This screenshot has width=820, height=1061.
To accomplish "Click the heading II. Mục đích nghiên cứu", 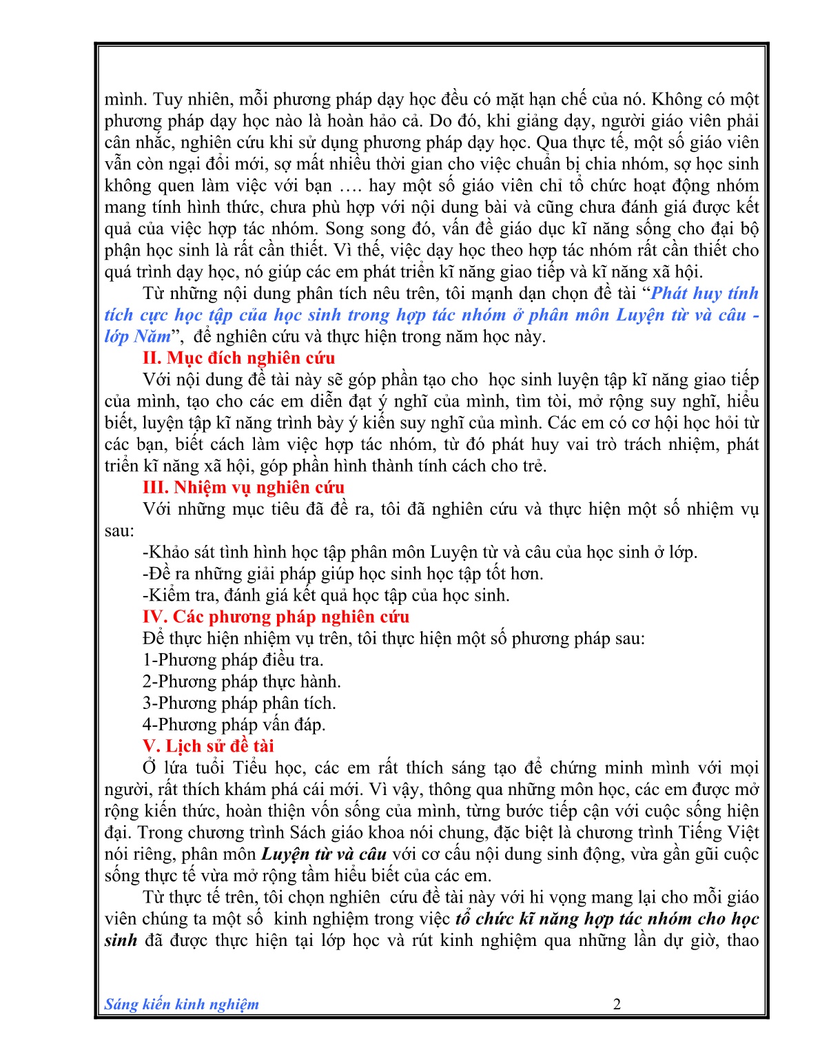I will pos(238,358).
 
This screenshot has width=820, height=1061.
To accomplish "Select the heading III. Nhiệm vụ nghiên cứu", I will pos(243,488).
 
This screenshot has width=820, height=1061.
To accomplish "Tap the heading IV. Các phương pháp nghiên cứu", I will pos(276,617).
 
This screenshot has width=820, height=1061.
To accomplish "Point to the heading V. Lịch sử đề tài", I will pos(208,746).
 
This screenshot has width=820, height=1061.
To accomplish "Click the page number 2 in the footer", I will pos(617,1004).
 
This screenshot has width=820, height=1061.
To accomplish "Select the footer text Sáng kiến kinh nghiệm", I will pos(182,1004).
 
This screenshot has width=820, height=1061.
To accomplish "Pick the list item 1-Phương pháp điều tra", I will pos(233,660).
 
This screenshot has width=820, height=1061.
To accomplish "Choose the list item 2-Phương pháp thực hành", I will pos(242,681).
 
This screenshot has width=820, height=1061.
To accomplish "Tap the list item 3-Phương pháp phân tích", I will pos(239,703).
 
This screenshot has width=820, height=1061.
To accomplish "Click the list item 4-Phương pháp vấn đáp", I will pos(234,725).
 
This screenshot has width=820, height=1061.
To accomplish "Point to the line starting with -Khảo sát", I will pos(420,553).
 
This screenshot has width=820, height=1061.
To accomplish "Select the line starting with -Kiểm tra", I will pos(326,595).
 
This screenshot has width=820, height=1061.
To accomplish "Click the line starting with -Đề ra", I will pos(342,574).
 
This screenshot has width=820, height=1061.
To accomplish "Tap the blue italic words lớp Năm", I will pos(137,337).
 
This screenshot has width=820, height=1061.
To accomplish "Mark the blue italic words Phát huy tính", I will pos(704,293).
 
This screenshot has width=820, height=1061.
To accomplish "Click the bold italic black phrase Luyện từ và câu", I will pos(324,854).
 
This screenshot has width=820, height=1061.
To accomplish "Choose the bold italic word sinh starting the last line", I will pos(121,940).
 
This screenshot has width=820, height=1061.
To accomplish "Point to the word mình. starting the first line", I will pos(125,100).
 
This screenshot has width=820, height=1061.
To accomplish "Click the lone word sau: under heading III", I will pos(119,531).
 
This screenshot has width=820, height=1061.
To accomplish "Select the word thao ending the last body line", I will pos(743,940).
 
